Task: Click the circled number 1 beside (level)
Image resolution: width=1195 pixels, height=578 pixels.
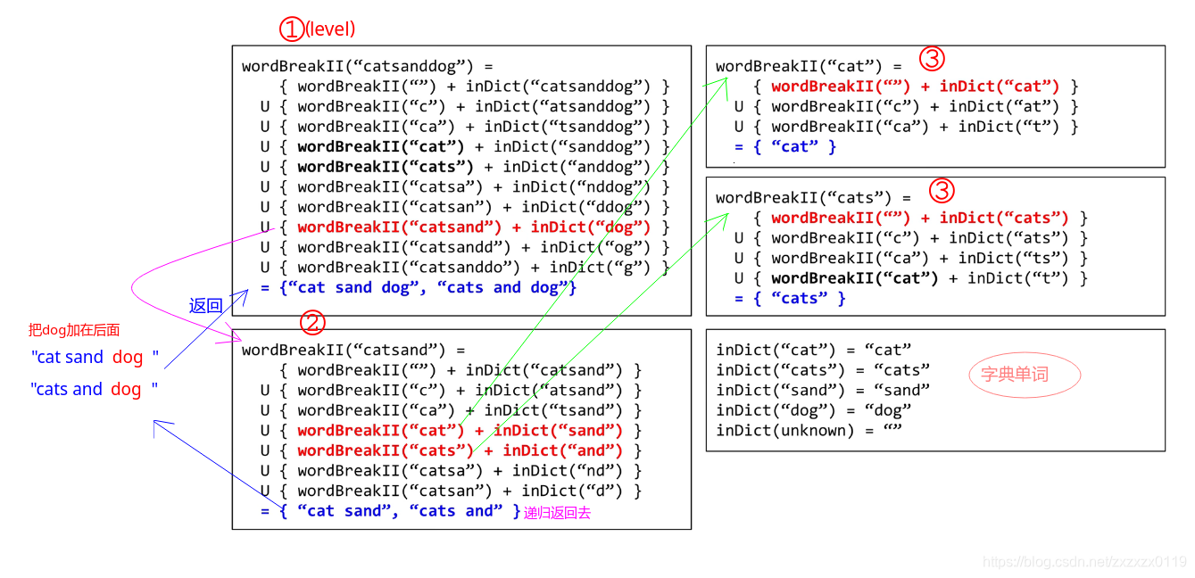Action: click(x=292, y=29)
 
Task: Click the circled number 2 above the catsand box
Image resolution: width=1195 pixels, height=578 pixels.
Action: click(x=313, y=322)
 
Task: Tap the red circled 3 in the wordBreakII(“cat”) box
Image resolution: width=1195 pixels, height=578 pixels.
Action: click(x=932, y=60)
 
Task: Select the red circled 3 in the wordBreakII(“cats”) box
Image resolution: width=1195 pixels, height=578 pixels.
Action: click(x=942, y=190)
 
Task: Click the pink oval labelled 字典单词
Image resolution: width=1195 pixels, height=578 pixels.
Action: click(x=1015, y=375)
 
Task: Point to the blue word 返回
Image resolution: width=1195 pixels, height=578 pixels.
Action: click(x=205, y=305)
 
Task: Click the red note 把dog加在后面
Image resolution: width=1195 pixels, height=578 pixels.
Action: click(x=73, y=330)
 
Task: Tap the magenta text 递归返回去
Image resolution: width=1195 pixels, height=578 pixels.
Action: click(x=557, y=513)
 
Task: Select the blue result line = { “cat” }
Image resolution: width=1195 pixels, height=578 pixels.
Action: click(x=785, y=146)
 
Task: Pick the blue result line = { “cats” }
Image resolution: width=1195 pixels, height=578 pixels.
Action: click(x=790, y=298)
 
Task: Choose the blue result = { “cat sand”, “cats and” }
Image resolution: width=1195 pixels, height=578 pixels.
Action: click(x=390, y=511)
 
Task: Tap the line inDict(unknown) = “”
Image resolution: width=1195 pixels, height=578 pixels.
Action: click(x=809, y=431)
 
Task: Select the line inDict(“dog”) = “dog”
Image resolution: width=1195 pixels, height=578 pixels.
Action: click(x=814, y=410)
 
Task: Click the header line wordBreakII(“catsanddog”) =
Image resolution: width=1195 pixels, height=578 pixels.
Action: click(x=367, y=66)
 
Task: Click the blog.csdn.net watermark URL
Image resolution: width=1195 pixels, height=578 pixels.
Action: click(x=1084, y=562)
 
